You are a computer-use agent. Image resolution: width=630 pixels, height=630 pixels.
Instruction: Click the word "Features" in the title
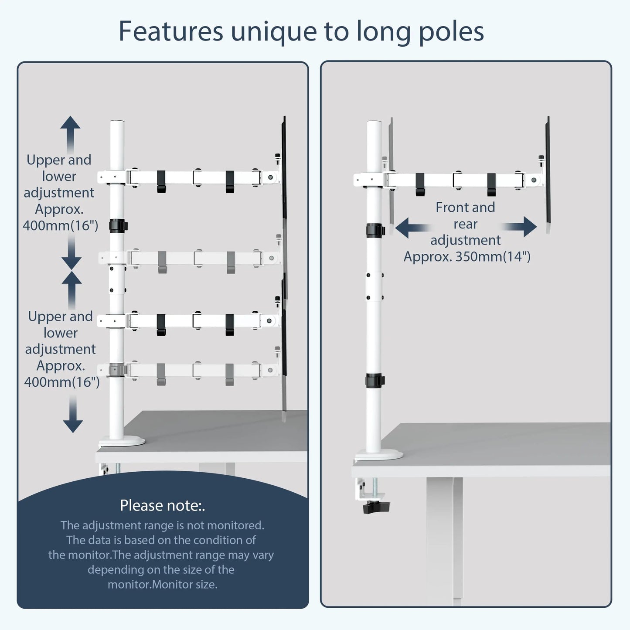tap(170, 31)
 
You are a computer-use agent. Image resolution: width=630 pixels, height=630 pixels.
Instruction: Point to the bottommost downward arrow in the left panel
tap(73, 416)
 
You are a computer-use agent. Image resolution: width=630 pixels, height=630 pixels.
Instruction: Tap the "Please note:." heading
tap(162, 505)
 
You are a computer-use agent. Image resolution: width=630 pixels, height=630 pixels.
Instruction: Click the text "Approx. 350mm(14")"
tap(467, 256)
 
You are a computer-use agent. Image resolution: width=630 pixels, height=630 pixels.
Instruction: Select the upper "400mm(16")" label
tap(60, 225)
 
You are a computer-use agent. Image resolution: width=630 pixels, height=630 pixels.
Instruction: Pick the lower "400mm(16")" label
tap(62, 382)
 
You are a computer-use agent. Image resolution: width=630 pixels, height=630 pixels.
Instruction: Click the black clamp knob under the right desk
tap(376, 507)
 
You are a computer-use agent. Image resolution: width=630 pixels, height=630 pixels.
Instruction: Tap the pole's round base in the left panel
tap(122, 441)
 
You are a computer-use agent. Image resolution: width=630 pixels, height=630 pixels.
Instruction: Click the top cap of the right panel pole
tap(374, 123)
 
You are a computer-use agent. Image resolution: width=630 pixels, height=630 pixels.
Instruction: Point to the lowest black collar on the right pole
tap(375, 380)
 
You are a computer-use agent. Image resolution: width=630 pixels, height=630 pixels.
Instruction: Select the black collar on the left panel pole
tap(118, 226)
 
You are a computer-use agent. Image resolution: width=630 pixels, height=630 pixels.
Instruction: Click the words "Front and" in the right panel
tap(465, 208)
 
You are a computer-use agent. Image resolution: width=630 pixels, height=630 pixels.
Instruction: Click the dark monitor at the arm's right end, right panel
tap(548, 174)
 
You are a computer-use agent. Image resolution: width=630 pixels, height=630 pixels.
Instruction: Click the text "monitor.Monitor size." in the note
tap(162, 584)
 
